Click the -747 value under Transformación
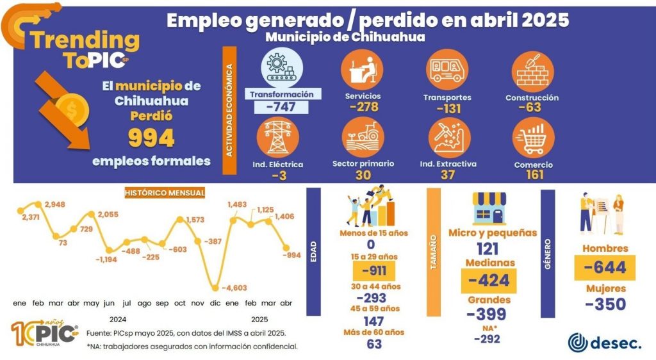pos(281,107)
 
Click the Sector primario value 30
pos(363,176)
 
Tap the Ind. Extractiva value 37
pos(448,176)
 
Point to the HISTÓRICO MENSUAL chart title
pos(165,192)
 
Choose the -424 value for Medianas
pos(488,280)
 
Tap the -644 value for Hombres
pos(605,267)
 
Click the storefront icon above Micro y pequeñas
pos(489,208)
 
